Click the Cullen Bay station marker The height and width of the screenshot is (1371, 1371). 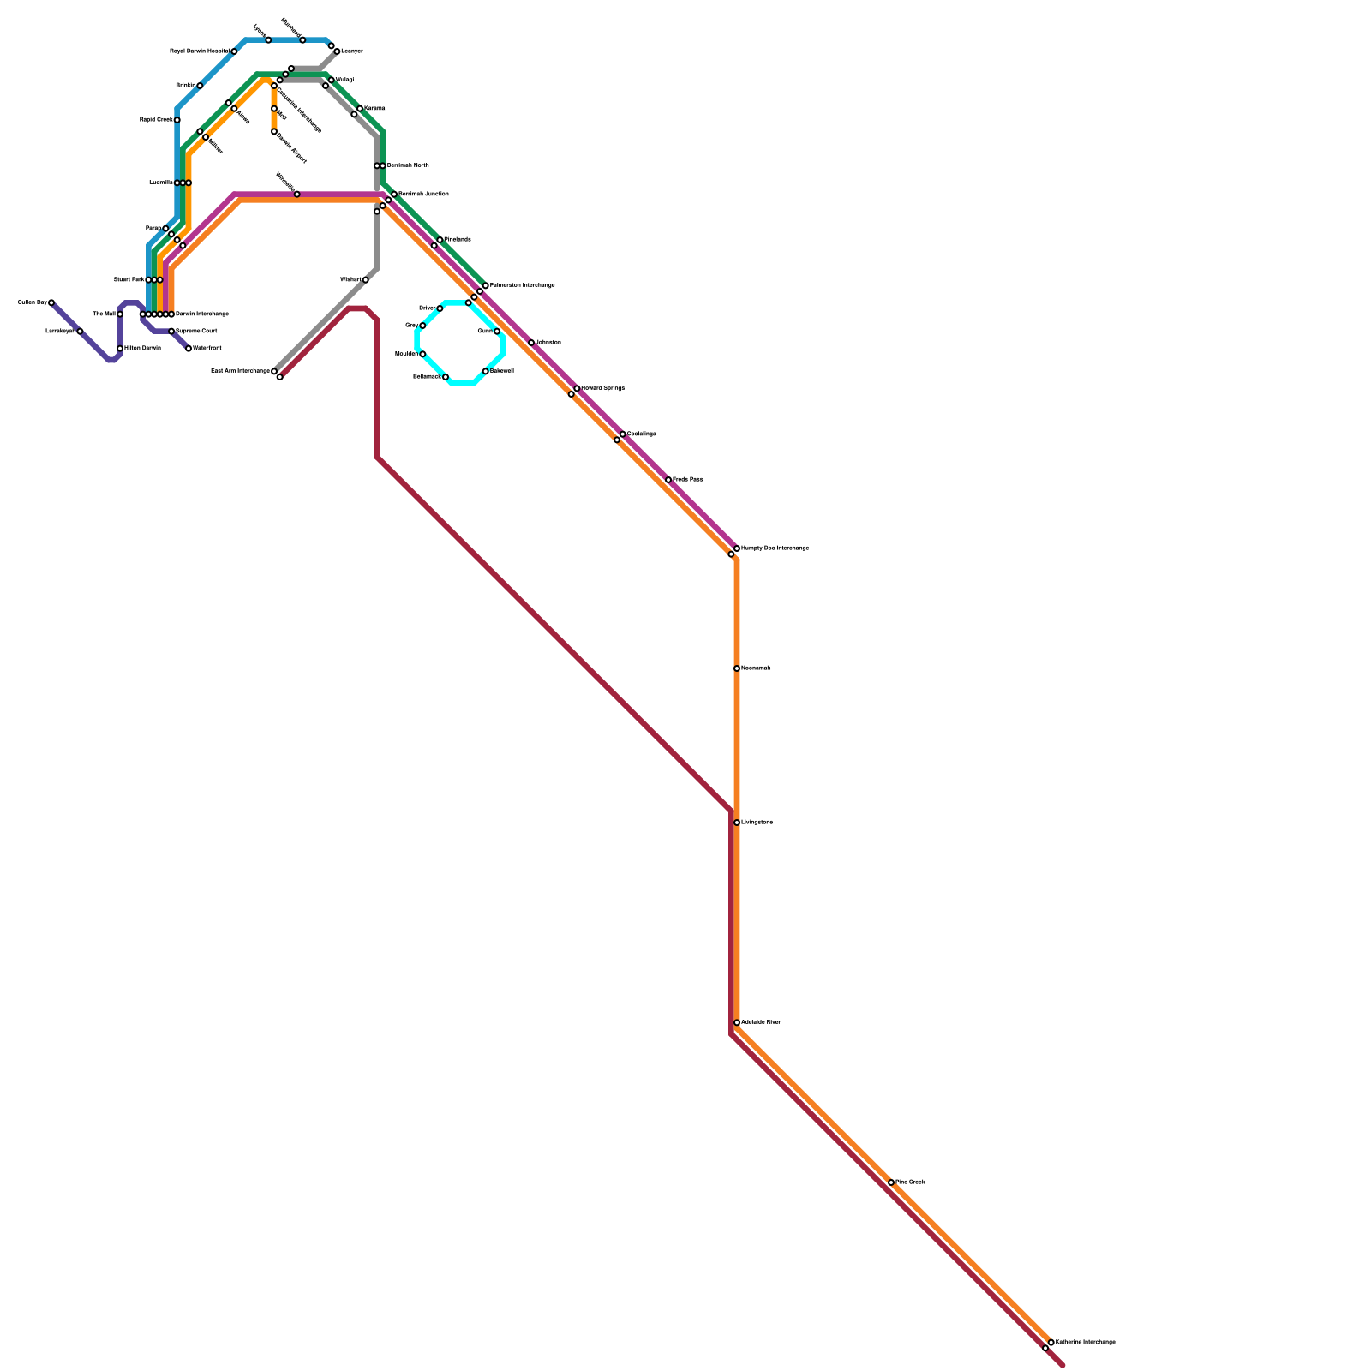(51, 302)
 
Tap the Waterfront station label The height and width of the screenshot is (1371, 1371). (207, 349)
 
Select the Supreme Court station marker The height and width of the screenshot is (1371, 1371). (171, 331)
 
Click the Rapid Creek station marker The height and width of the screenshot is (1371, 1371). (177, 120)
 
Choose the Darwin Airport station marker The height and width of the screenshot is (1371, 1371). (274, 131)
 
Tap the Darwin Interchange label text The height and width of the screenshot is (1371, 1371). (202, 314)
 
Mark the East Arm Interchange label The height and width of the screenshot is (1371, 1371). (239, 371)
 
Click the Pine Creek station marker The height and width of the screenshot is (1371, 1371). (891, 1182)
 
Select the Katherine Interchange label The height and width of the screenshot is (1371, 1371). (1085, 1342)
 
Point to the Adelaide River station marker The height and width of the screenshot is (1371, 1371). (737, 1022)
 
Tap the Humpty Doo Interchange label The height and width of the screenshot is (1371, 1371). (775, 548)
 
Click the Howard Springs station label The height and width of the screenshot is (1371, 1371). (602, 388)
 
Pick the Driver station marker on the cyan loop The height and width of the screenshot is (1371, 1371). (440, 308)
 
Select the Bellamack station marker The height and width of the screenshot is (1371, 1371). (446, 377)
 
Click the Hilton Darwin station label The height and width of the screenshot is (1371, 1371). (142, 349)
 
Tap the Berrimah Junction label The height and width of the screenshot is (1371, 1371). (423, 195)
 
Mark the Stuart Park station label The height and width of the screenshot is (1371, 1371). (129, 280)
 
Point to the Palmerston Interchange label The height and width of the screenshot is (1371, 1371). (522, 285)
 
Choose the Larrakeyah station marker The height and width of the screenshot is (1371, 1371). (80, 331)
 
